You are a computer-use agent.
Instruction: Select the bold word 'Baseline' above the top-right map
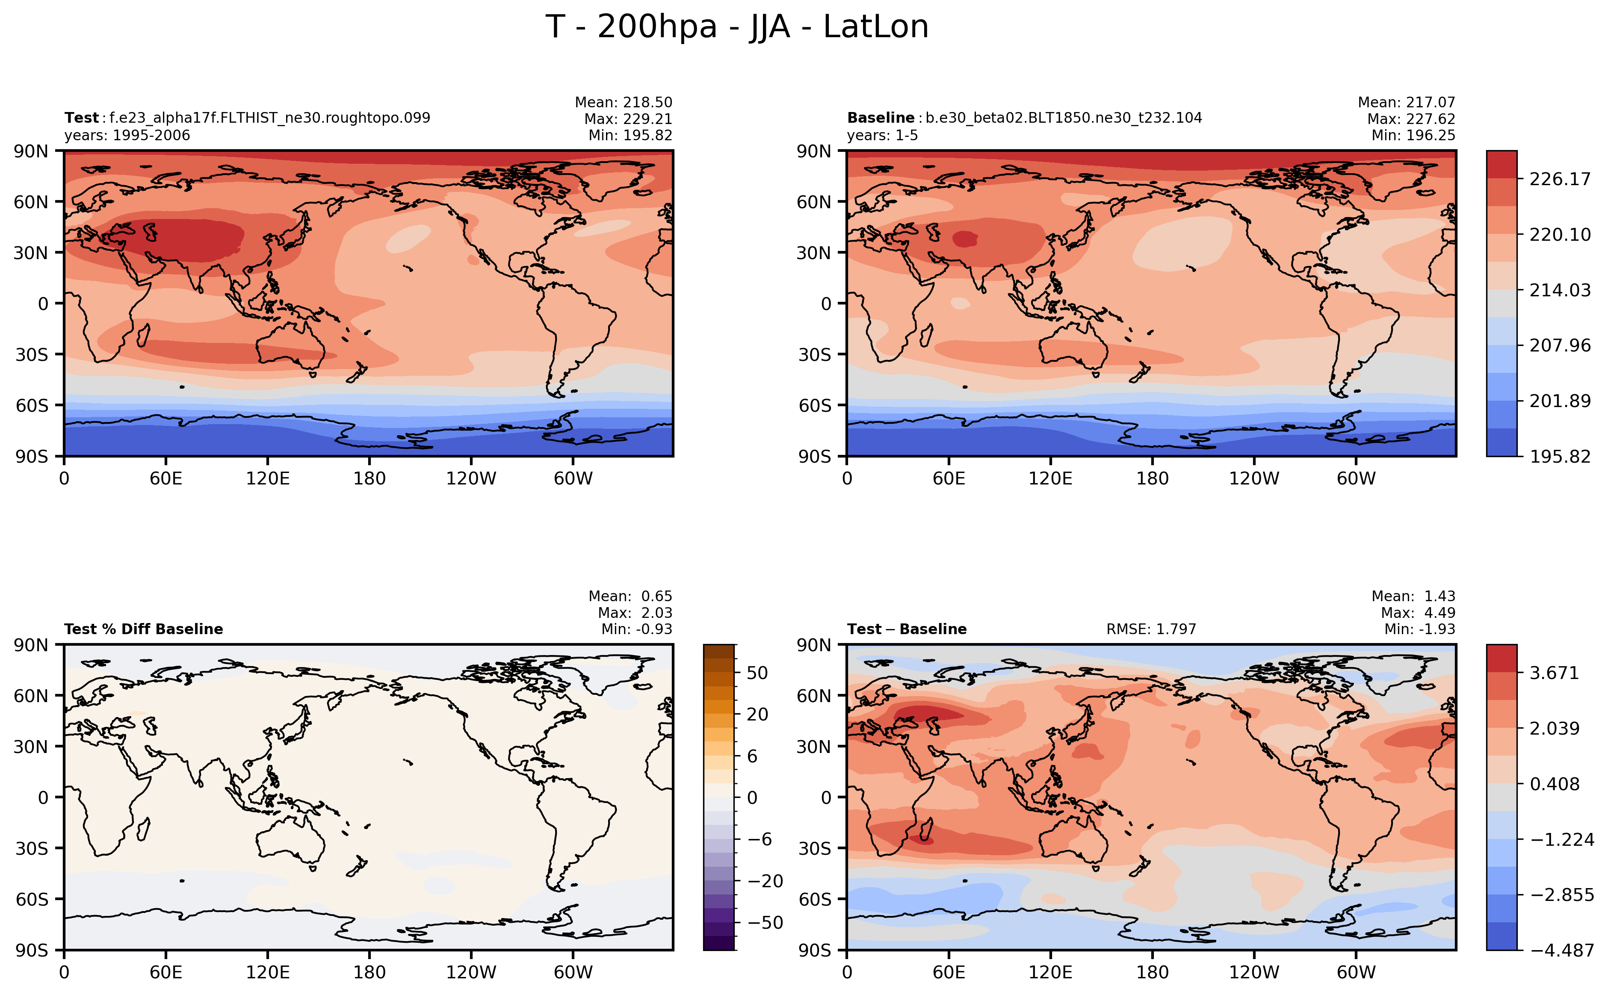click(x=880, y=118)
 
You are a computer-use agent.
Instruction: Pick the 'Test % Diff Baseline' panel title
click(x=144, y=629)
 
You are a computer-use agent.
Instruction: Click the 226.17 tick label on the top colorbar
click(x=1559, y=179)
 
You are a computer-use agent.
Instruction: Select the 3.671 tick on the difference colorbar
click(x=1554, y=673)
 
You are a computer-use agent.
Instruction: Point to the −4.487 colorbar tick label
click(x=1562, y=950)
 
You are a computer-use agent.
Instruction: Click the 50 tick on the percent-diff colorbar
click(x=757, y=673)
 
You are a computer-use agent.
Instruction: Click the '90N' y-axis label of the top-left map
click(x=31, y=151)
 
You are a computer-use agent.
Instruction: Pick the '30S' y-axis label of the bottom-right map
click(x=814, y=849)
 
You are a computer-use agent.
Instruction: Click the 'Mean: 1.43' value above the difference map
click(x=1413, y=596)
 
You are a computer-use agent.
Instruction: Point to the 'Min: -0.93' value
click(x=636, y=629)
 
